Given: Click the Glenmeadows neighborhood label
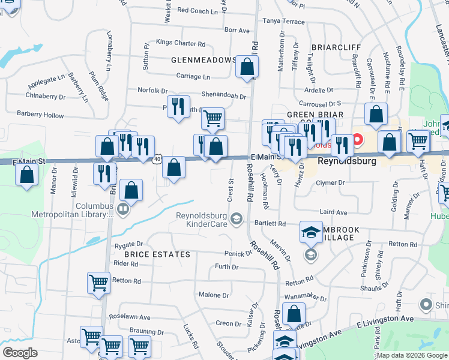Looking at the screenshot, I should point(203,60).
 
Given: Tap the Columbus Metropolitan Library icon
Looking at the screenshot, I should point(123,209).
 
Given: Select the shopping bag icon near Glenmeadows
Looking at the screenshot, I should point(247,68).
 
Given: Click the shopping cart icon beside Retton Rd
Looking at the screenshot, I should point(98,283).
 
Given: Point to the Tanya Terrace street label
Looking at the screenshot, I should point(283,21).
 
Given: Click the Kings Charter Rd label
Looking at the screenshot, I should point(180,43).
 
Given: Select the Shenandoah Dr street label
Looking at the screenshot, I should point(223,96).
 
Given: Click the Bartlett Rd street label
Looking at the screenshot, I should point(273,223).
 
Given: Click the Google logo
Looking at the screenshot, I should point(20,352).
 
